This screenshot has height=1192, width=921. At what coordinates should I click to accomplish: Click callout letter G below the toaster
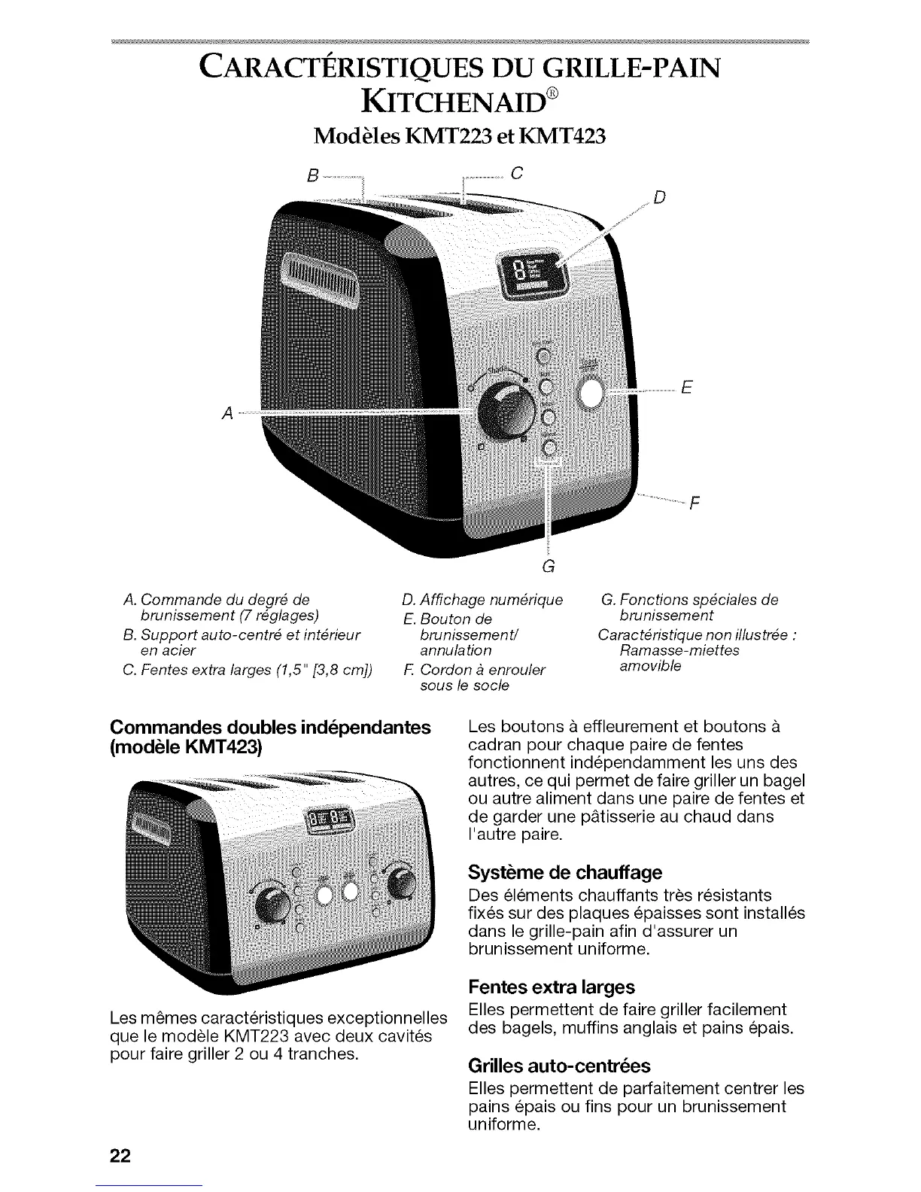[x=549, y=566]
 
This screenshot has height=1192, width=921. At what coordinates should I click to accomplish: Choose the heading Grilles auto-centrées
[x=558, y=1066]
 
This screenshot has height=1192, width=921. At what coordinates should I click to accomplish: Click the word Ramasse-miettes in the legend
[x=679, y=650]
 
